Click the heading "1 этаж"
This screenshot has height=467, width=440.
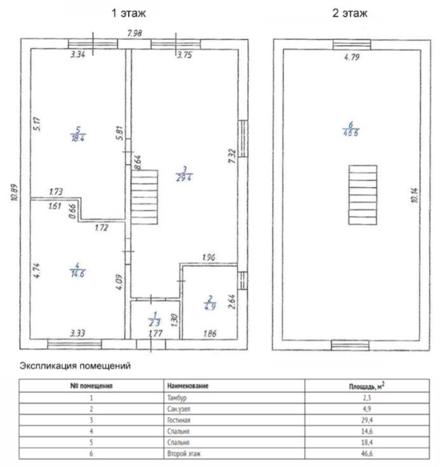click(128, 13)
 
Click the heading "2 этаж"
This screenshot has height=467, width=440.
click(350, 13)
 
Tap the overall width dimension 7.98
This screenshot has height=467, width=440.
click(134, 33)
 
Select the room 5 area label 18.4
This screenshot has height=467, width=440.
click(78, 139)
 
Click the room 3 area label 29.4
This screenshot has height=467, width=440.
click(184, 178)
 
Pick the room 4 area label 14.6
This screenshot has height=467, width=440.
click(78, 273)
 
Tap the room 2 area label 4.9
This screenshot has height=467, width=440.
click(210, 306)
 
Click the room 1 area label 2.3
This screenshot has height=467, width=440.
click(155, 322)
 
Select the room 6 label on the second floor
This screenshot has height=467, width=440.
click(350, 129)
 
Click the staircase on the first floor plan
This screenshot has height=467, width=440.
click(144, 197)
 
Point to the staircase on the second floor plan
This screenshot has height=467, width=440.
click(363, 195)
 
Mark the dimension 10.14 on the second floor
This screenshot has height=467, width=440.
click(415, 195)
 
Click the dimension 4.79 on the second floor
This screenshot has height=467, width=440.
click(352, 57)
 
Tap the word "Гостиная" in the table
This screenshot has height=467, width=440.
click(179, 420)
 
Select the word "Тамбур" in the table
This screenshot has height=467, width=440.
click(177, 398)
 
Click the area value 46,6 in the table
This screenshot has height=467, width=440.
click(367, 454)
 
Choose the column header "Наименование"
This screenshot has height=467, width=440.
click(188, 386)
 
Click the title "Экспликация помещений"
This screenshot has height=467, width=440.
click(75, 366)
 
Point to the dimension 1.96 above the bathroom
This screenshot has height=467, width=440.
click(209, 257)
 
